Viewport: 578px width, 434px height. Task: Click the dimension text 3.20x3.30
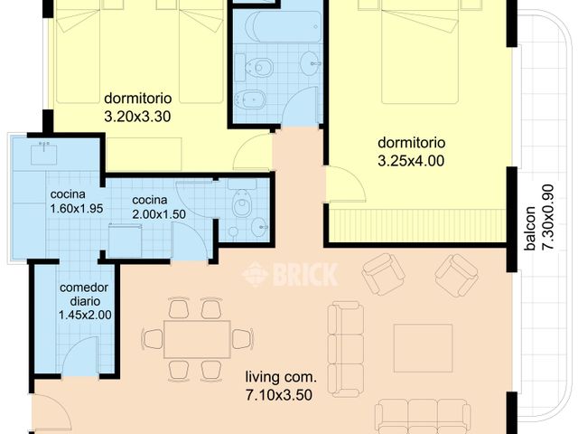click(137, 116)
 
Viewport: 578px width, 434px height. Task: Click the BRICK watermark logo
click(290, 274)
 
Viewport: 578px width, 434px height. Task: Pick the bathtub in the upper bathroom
click(282, 26)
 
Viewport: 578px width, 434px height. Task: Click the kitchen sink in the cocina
click(43, 154)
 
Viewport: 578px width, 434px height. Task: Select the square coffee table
click(423, 348)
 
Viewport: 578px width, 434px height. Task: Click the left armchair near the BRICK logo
click(383, 273)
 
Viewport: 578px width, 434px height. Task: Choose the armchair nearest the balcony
click(456, 274)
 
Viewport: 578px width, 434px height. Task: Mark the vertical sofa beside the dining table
click(345, 348)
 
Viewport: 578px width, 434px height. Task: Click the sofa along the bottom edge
click(422, 416)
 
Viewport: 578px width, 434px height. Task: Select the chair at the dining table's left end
click(153, 339)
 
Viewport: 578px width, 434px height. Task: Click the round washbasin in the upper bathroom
click(310, 62)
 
